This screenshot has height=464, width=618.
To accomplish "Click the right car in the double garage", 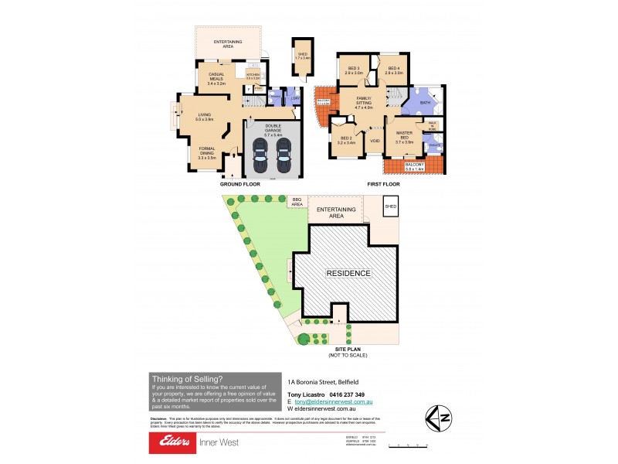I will tap(284, 159).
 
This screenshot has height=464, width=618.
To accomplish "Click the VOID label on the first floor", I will tap(375, 141).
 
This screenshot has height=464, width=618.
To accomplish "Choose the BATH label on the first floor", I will tap(425, 102).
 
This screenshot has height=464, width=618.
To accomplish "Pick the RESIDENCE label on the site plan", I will tap(348, 273).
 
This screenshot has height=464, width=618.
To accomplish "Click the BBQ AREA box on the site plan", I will tap(297, 202).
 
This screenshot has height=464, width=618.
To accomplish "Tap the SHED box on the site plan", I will tap(391, 206).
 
